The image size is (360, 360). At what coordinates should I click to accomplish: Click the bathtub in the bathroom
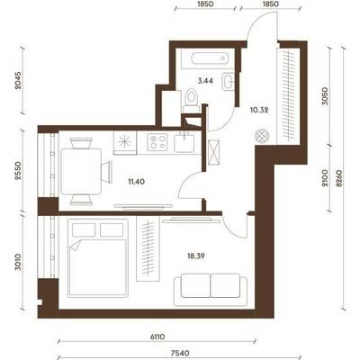click(x=210, y=58)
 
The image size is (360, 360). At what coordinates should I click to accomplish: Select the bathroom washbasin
click(x=228, y=82)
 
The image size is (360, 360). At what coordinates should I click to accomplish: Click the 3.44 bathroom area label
click(x=205, y=80)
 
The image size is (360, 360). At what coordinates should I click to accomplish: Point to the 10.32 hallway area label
click(x=259, y=110)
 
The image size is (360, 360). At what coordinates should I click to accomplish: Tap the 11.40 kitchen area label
click(x=136, y=181)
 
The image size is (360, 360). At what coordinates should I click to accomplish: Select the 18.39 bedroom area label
click(x=196, y=256)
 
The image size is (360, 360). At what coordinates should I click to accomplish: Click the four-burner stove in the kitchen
click(x=157, y=142)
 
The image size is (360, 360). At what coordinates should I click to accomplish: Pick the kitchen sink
click(x=184, y=143)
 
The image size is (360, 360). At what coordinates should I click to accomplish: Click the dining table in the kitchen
click(x=81, y=172)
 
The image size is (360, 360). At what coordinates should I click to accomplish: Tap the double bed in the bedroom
click(x=98, y=257)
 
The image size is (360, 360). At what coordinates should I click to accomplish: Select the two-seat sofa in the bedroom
click(x=211, y=290)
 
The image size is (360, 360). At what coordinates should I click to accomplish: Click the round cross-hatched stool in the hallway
click(x=261, y=136)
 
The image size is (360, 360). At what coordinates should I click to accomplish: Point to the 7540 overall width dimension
click(x=182, y=354)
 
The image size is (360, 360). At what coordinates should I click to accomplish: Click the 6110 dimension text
click(x=157, y=337)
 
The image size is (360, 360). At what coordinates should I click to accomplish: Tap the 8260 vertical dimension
click(x=339, y=178)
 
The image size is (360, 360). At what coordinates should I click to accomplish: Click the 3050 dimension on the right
click(x=325, y=96)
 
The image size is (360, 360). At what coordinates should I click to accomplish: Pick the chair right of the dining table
click(x=106, y=172)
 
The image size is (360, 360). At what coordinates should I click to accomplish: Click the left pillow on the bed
click(x=84, y=230)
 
